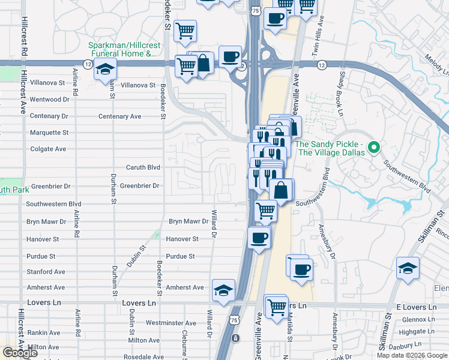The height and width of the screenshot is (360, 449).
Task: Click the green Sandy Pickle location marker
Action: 373,146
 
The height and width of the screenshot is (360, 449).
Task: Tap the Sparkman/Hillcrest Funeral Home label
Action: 122,50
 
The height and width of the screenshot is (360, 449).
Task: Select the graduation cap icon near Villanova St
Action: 105,70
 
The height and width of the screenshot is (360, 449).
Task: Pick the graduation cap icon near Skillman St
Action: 408,269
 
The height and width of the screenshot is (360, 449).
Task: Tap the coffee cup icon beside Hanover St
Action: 259,238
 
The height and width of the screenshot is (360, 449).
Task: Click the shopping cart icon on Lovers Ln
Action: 276,308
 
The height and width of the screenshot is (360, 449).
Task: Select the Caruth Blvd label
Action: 143,167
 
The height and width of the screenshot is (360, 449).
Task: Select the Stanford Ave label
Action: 46,272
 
